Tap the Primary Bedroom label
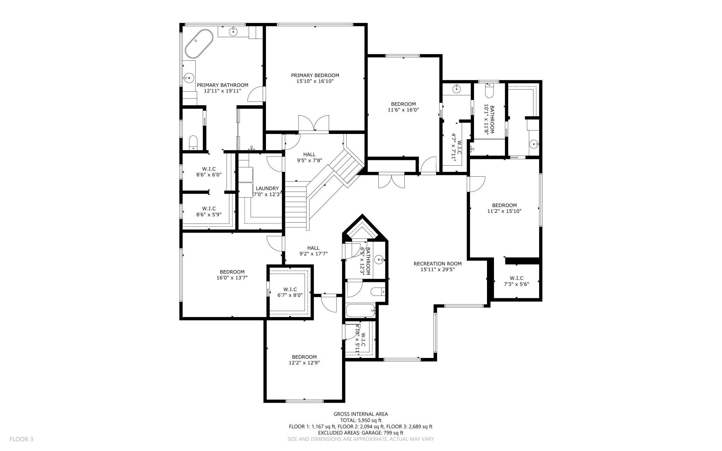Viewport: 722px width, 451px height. [x=315, y=75]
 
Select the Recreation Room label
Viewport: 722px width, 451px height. [x=437, y=264]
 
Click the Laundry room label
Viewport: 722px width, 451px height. [x=267, y=189]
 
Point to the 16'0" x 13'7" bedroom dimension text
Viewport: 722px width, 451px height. [x=232, y=278]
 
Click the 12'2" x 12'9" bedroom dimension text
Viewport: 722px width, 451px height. [x=304, y=363]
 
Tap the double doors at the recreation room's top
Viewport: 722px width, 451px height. [x=392, y=181]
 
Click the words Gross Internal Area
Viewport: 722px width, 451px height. [x=361, y=414]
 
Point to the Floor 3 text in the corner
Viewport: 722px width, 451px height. [x=21, y=439]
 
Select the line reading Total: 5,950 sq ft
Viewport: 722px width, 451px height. [x=361, y=420]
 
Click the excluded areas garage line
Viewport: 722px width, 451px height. [x=361, y=433]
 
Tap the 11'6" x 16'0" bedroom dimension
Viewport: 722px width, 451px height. [x=403, y=110]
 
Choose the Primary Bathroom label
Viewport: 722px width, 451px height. [x=223, y=85]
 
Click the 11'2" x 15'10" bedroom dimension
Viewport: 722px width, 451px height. [x=504, y=211]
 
